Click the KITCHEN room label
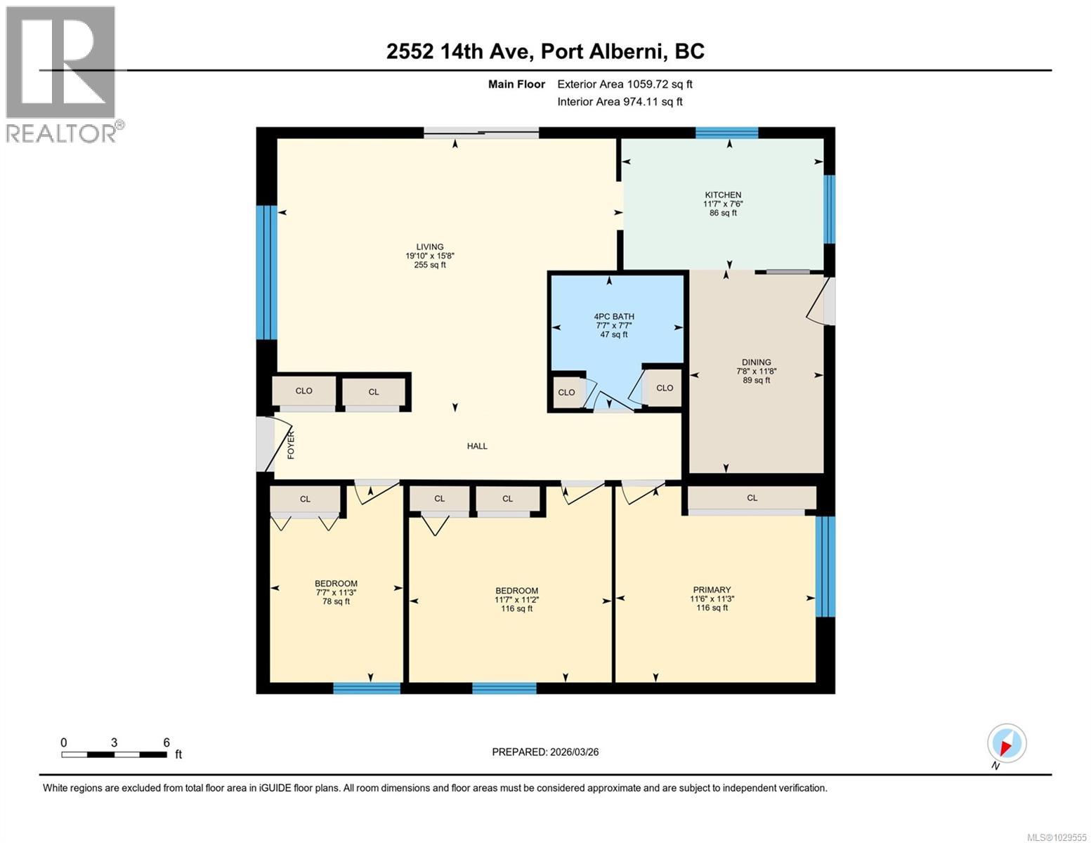723,195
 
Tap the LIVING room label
429,247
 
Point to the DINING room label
756,362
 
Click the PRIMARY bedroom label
712,590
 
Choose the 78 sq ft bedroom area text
336,601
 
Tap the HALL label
477,446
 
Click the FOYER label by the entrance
291,445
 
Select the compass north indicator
1006,744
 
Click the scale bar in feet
114,754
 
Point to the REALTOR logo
62,74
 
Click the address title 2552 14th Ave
545,51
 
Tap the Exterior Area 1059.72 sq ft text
625,84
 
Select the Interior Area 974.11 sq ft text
620,102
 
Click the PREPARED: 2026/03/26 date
545,752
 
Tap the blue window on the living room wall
266,272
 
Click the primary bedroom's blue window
825,566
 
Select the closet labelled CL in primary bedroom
752,498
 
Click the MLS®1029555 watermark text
1057,837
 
